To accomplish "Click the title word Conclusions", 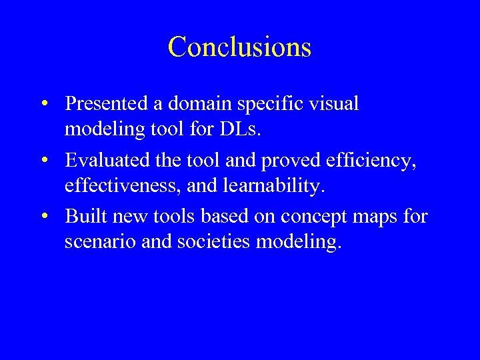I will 239,47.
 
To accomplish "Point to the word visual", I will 333,104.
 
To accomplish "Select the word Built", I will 83,216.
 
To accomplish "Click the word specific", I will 269,105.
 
